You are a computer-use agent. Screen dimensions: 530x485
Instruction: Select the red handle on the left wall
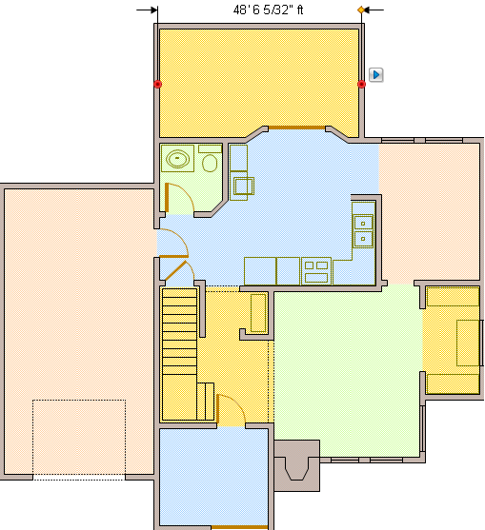(157, 85)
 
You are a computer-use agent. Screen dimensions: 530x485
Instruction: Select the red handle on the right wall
(361, 85)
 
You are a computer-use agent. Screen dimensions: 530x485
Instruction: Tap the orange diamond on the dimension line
(361, 10)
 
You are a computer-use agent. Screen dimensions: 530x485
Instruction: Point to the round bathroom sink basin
(178, 159)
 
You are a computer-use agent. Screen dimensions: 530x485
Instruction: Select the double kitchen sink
(363, 229)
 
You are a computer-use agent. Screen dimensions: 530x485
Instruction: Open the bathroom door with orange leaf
(169, 198)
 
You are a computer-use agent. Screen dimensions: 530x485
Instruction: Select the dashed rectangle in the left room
(79, 436)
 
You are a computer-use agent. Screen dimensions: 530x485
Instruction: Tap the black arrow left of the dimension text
(147, 10)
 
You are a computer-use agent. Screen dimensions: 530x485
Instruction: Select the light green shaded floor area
(386, 371)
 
